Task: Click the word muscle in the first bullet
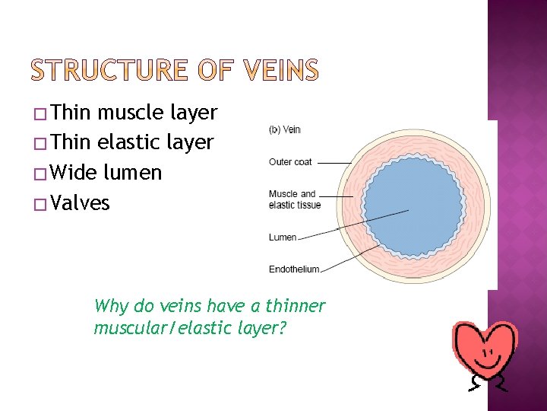click(x=132, y=113)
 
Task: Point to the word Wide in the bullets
click(x=74, y=173)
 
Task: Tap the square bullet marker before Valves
click(x=42, y=204)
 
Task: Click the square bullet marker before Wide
click(x=42, y=174)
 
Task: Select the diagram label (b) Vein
click(x=285, y=129)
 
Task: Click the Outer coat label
click(x=290, y=161)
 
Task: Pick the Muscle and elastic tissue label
click(x=294, y=199)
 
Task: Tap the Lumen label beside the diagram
click(x=283, y=237)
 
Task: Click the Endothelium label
click(x=294, y=269)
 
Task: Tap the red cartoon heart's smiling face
click(x=485, y=351)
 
